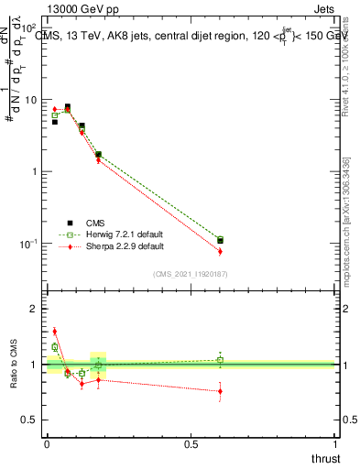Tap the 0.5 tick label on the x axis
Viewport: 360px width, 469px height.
(x=191, y=443)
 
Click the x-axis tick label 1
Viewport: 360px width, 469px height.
(x=335, y=443)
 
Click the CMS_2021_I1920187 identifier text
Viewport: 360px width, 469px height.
(x=191, y=273)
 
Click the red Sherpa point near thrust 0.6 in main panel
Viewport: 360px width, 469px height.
(x=220, y=251)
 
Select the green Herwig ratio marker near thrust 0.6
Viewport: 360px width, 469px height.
(x=220, y=360)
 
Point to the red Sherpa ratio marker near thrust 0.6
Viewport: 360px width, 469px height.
(x=220, y=391)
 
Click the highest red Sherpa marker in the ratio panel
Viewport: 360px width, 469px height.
(x=54, y=332)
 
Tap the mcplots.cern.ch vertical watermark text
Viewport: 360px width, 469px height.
(x=345, y=229)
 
